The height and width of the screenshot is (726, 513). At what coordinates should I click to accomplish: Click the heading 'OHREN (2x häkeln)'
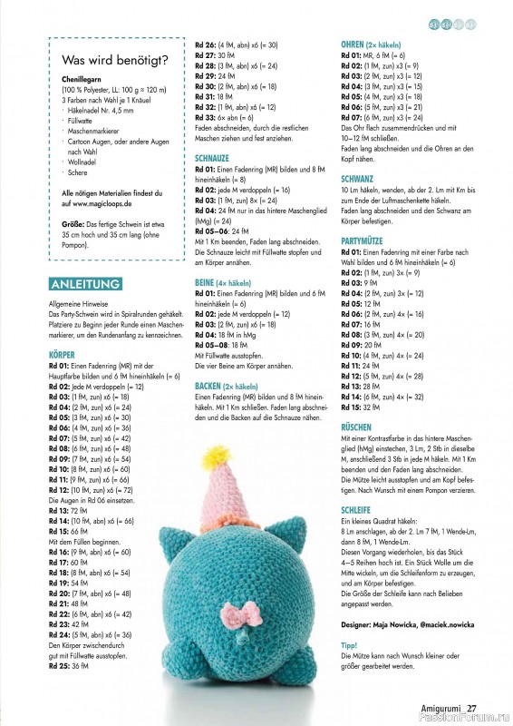372,44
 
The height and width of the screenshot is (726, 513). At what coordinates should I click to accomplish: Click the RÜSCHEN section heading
356,426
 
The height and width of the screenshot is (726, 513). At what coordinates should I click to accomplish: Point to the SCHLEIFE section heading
356,511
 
